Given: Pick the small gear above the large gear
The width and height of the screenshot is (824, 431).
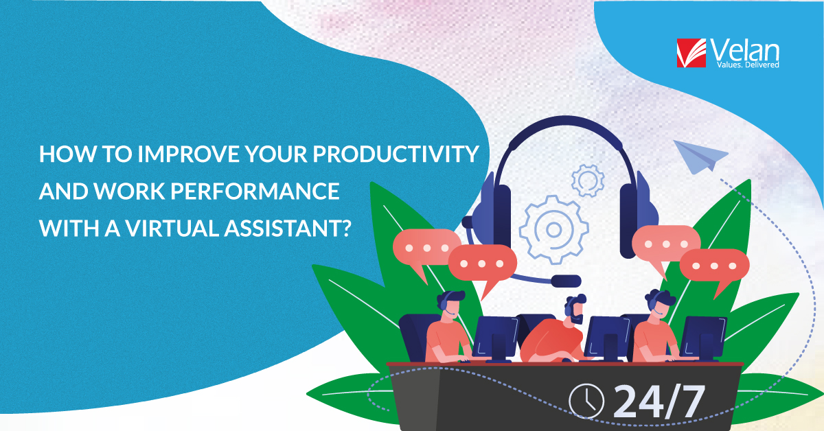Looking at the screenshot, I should (x=587, y=180).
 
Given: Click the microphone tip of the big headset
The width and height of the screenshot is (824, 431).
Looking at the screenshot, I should (x=566, y=280).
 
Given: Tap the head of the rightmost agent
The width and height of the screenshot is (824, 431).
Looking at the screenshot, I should (x=659, y=301).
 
